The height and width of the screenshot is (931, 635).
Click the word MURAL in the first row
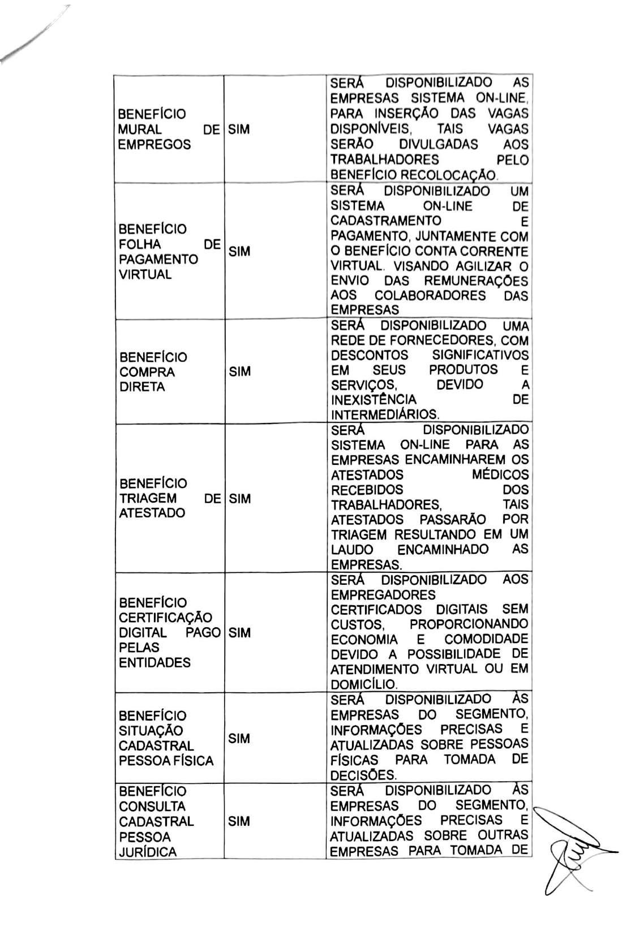click(140, 130)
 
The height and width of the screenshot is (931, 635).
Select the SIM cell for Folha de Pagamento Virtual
click(239, 252)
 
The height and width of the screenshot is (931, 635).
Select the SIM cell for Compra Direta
click(239, 372)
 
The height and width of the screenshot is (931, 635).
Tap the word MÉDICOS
click(500, 475)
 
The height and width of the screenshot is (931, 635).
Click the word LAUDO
click(351, 550)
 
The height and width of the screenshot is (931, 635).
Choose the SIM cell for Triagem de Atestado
click(239, 499)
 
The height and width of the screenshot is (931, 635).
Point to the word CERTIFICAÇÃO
click(165, 618)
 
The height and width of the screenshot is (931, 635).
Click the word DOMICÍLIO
click(364, 684)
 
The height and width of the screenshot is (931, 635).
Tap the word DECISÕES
click(363, 775)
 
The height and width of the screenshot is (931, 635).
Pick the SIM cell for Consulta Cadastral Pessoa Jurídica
click(239, 822)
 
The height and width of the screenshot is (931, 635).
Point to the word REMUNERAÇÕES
click(476, 281)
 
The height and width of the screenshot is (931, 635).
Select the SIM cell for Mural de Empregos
click(239, 130)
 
